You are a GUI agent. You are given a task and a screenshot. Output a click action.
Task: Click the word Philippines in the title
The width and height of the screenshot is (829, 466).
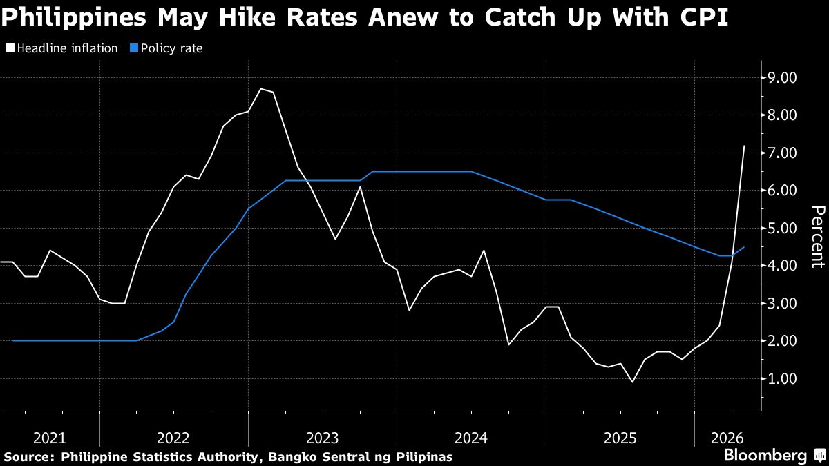[74, 18]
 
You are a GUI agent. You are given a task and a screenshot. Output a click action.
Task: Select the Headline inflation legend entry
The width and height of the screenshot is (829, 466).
[61, 48]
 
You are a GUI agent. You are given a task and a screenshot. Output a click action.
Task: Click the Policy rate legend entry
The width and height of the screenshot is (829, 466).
[166, 48]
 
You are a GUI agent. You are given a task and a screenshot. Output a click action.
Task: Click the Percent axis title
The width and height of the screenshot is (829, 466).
[818, 237]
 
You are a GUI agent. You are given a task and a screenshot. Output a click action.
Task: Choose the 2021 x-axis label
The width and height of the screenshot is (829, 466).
[50, 438]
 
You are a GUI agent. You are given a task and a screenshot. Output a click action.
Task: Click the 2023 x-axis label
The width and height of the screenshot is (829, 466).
[323, 438]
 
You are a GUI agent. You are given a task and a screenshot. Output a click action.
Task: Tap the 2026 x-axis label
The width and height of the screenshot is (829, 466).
[727, 438]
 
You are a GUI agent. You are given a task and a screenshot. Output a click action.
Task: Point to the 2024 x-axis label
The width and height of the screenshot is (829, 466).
[471, 438]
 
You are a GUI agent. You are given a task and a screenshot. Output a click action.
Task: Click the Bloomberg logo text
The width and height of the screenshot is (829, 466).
[765, 455]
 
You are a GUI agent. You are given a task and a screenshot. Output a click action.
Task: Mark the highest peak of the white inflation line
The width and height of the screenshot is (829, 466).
[261, 89]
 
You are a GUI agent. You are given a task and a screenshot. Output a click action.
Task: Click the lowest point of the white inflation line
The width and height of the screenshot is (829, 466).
[632, 382]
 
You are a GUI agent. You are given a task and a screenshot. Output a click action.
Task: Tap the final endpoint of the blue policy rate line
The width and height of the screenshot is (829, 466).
[744, 247]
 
